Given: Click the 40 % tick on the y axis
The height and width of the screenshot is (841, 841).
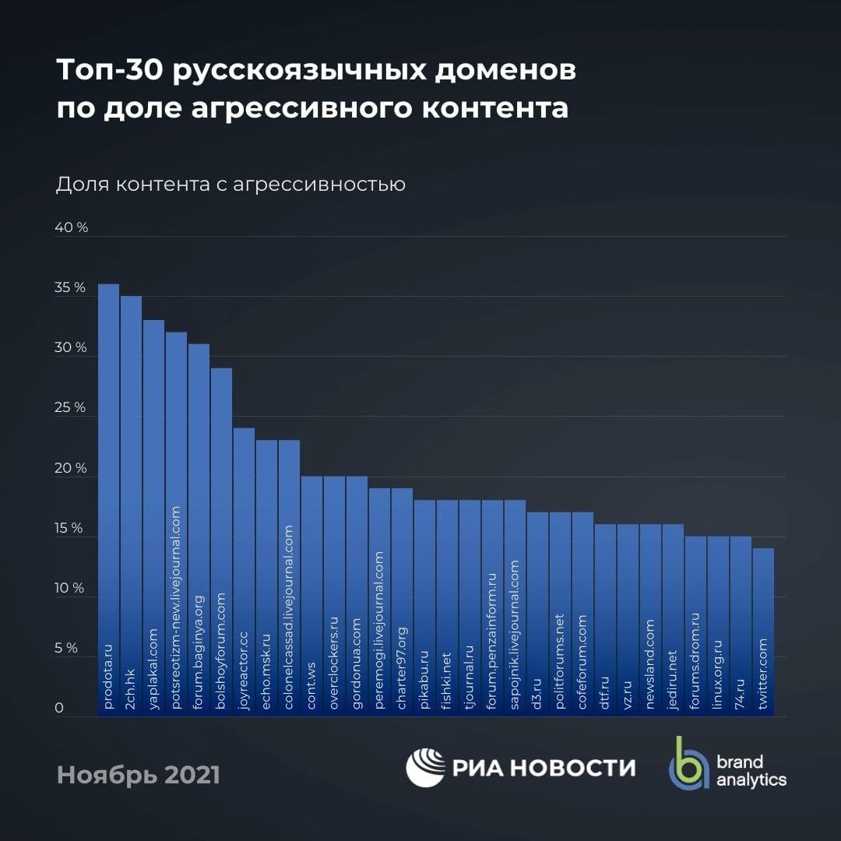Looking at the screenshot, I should [x=71, y=228].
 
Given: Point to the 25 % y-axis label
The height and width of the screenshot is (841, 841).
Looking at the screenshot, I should [x=71, y=408].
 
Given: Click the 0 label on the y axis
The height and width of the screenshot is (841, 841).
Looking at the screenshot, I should [x=58, y=709].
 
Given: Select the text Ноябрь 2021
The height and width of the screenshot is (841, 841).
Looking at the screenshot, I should [x=139, y=776].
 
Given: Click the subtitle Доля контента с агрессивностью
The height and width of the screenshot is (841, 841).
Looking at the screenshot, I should [x=230, y=185].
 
